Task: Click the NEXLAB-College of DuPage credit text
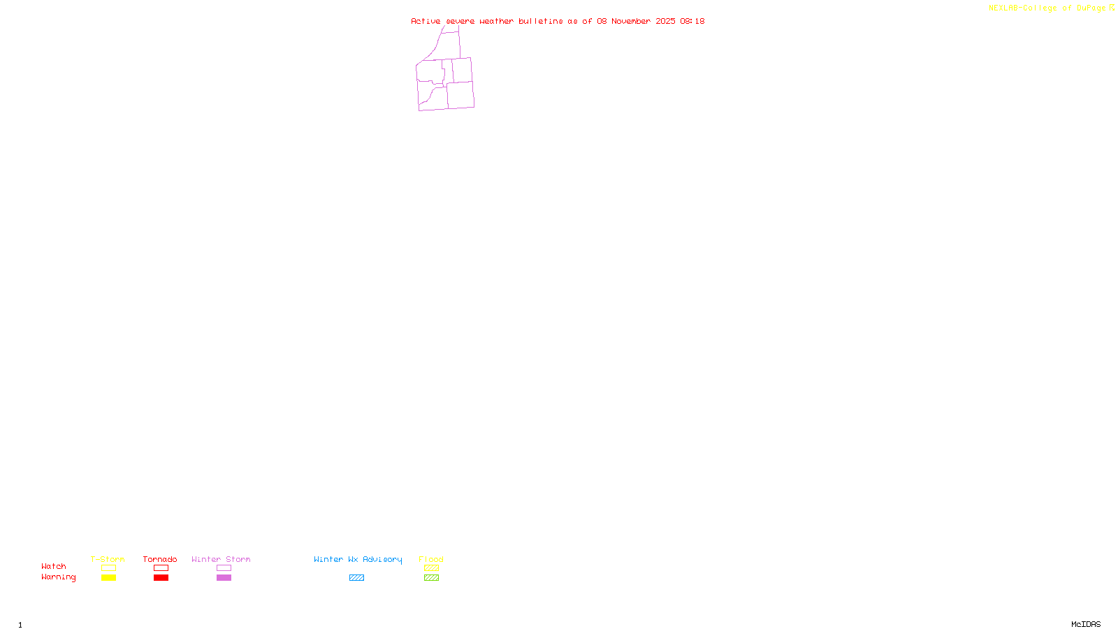coord(1047,8)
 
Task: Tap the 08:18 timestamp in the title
coord(692,21)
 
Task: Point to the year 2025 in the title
coord(665,21)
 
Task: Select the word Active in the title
coord(426,21)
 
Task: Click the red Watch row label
coord(54,567)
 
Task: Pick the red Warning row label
coord(58,577)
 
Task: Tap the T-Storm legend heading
coord(108,559)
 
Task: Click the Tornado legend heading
coord(160,559)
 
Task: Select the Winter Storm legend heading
coord(221,559)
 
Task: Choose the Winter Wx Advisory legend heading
coord(358,559)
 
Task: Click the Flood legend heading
coord(431,559)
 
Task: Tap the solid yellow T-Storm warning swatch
coord(108,578)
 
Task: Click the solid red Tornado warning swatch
coord(161,578)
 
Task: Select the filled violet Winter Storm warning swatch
coord(224,578)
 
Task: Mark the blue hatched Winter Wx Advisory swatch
coord(356,578)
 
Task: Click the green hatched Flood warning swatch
coord(431,578)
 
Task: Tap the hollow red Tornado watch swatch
coord(161,568)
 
